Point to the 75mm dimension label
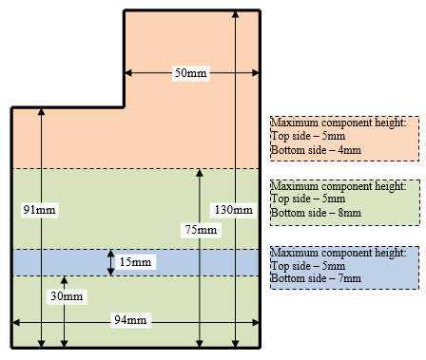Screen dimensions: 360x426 200,229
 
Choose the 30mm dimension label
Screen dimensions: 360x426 65,296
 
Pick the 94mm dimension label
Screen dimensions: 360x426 131,319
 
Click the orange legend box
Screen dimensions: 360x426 344,137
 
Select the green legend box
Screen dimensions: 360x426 344,201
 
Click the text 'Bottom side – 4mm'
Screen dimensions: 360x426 316,150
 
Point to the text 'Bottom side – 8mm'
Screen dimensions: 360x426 316,215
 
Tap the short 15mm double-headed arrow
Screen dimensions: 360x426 112,261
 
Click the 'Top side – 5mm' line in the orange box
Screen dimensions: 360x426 307,137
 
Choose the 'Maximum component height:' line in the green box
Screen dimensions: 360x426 339,188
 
